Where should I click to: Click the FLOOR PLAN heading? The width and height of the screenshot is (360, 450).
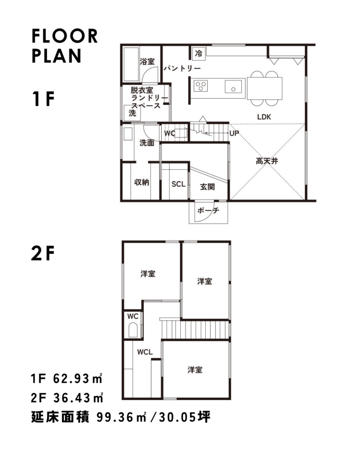pos(65,46)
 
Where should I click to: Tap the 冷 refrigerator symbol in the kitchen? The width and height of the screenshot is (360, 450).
pos(199,53)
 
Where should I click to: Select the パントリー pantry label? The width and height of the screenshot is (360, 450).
pos(182,68)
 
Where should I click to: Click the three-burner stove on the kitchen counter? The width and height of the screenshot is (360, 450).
pos(201,86)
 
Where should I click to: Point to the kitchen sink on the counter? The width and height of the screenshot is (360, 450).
pos(233,87)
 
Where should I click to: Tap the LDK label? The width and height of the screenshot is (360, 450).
pos(264,117)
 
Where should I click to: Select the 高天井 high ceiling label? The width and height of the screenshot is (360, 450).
pos(267,161)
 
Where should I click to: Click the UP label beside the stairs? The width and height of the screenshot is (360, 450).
pos(234,134)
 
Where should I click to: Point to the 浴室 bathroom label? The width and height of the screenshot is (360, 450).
pos(147,62)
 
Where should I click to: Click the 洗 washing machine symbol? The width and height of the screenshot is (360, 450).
pos(132,113)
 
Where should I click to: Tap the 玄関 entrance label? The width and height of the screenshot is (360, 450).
pos(207,187)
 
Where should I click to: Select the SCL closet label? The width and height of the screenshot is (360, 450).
pos(178,184)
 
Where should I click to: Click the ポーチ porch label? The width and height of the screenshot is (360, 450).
pos(208,210)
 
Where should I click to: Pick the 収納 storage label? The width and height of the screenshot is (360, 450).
pos(142,182)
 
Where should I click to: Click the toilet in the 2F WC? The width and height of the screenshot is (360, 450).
pos(133,330)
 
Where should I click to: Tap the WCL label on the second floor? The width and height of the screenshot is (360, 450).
pos(145,352)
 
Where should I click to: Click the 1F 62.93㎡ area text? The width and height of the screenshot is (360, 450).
pos(67,379)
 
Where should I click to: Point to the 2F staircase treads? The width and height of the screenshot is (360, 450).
pos(195,330)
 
